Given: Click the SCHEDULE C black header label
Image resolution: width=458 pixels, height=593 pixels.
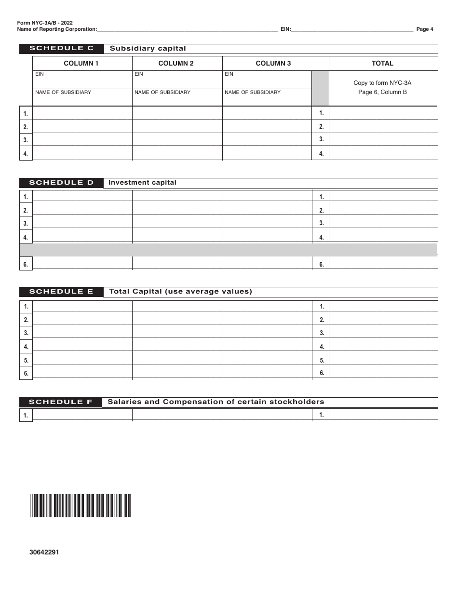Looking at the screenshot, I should pyautogui.click(x=61, y=49).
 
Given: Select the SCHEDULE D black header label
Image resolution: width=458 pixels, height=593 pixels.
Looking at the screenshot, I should pyautogui.click(x=61, y=183).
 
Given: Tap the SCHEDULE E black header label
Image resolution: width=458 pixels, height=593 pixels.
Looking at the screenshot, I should pyautogui.click(x=61, y=292).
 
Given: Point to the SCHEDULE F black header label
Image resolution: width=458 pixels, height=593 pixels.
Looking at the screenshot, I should pyautogui.click(x=61, y=402).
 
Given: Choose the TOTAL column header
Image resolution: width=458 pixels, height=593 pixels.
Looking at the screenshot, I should pyautogui.click(x=382, y=64).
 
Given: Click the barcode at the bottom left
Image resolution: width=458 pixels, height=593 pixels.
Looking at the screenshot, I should pyautogui.click(x=80, y=506).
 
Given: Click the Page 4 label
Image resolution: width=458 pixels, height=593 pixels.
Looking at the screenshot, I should pyautogui.click(x=424, y=29).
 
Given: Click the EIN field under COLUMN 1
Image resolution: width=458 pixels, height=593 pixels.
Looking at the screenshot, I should pyautogui.click(x=82, y=80).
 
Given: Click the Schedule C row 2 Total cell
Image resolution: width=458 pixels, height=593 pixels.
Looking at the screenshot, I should pyautogui.click(x=383, y=126).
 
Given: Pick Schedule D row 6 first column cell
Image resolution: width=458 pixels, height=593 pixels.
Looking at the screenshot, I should pyautogui.click(x=82, y=263).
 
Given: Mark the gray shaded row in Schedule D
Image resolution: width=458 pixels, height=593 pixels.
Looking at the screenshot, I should pyautogui.click(x=228, y=250).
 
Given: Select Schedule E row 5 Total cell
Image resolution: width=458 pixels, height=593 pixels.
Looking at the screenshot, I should pyautogui.click(x=383, y=359).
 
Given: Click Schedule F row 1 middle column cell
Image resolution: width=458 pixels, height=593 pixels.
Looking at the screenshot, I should pyautogui.click(x=177, y=415).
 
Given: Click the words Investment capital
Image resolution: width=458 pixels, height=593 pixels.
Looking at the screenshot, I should pyautogui.click(x=143, y=183).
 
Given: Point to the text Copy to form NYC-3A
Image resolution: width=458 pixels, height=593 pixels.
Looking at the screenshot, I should pyautogui.click(x=382, y=83).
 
